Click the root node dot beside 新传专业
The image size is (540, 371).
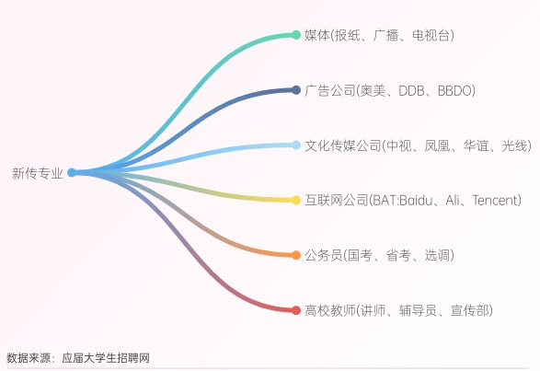(x=72, y=172)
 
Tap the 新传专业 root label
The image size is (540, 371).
(x=38, y=173)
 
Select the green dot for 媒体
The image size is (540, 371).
(x=296, y=35)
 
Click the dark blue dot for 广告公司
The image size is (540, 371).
(x=296, y=90)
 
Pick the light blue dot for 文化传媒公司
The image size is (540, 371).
(x=296, y=145)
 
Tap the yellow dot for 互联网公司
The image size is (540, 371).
(x=296, y=200)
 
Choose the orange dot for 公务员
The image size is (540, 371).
(x=296, y=255)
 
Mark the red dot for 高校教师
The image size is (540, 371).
(x=296, y=310)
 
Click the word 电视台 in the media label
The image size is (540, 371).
(x=431, y=35)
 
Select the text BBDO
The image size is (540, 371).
(x=454, y=91)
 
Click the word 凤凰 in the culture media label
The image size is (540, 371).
(x=437, y=145)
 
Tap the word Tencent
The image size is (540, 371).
(x=495, y=201)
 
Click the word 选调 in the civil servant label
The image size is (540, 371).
(x=437, y=256)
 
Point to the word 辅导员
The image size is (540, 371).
(x=418, y=310)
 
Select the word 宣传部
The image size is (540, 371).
(x=469, y=310)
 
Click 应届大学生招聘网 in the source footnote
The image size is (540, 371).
(x=106, y=358)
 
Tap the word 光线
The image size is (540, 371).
(x=514, y=145)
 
